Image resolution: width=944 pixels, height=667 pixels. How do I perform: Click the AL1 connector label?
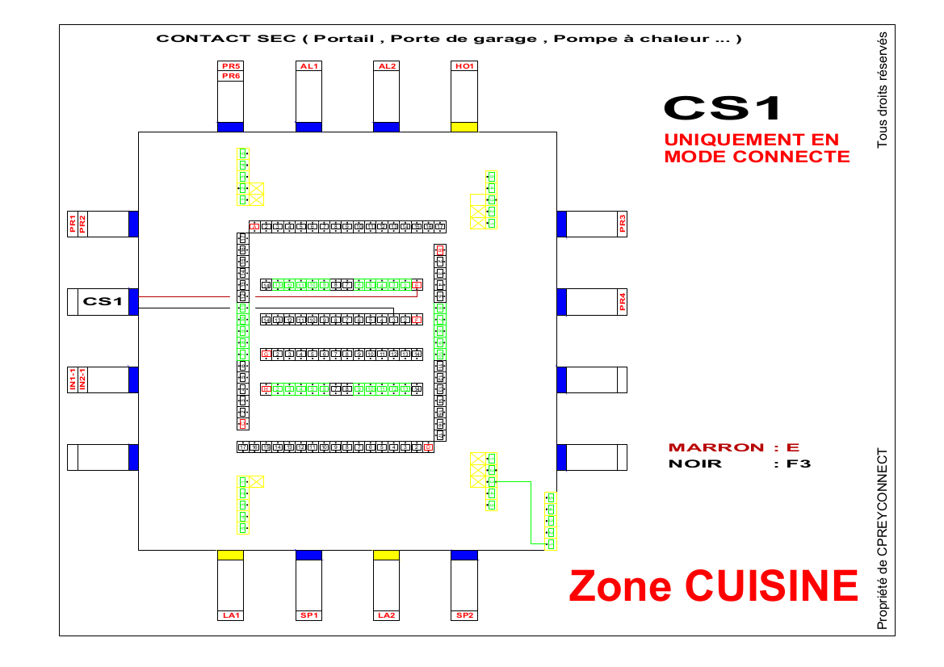[x=308, y=66]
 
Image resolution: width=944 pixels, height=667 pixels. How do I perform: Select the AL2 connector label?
[x=386, y=66]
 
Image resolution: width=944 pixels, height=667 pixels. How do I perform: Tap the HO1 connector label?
[x=464, y=66]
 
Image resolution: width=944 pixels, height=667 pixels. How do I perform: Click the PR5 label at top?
[x=230, y=65]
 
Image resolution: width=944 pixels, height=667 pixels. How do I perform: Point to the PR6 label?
[x=230, y=76]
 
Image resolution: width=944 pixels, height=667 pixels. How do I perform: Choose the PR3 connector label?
[x=622, y=224]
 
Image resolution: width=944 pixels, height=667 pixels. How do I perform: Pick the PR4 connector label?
[x=622, y=302]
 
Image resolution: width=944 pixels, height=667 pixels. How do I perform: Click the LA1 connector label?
[x=231, y=615]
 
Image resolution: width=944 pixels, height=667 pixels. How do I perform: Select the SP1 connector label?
[x=308, y=615]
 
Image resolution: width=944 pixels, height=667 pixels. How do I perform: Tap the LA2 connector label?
[x=386, y=615]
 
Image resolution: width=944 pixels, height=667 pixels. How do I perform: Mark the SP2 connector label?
[x=464, y=615]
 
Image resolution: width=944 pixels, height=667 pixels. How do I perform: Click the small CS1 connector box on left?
[x=103, y=302]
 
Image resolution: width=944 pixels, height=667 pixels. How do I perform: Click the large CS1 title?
[x=724, y=107]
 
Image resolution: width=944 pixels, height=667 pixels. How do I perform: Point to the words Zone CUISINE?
[x=713, y=585]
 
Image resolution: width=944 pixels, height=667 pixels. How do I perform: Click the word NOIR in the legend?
[x=695, y=464]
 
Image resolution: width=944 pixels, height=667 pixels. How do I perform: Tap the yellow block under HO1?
[x=464, y=127]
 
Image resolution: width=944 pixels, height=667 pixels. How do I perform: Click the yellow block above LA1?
[x=231, y=555]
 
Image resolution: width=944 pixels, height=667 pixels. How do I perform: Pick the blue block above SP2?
[x=464, y=555]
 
